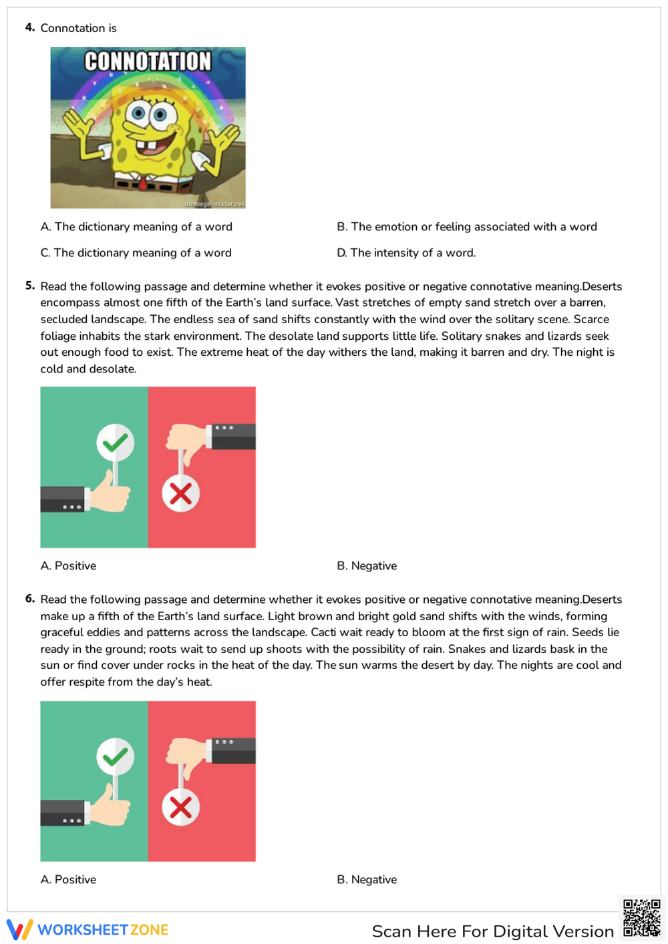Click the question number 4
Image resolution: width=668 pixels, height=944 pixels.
click(x=29, y=27)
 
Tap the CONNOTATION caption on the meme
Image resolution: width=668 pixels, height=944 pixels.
click(x=148, y=61)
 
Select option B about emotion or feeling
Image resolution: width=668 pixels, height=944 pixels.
click(x=466, y=227)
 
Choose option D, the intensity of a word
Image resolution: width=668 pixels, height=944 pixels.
click(x=406, y=253)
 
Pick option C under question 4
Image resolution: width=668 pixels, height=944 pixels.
click(x=136, y=253)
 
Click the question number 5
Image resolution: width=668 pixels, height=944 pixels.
click(x=29, y=286)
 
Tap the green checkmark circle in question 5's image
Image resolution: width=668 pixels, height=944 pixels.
click(x=116, y=443)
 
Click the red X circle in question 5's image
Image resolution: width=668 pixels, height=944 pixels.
click(x=180, y=494)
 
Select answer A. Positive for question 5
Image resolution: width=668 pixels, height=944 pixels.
click(x=68, y=566)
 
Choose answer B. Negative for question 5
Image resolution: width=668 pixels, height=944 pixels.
click(x=367, y=566)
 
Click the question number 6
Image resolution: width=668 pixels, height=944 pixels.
click(x=29, y=599)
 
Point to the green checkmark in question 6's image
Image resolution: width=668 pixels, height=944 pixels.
click(x=116, y=756)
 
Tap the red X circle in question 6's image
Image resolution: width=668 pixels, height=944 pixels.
click(x=180, y=808)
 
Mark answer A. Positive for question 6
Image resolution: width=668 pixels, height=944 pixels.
click(x=68, y=880)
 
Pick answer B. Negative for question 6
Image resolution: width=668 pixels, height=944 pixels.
click(x=367, y=880)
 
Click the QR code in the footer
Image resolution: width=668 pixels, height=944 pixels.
click(x=641, y=918)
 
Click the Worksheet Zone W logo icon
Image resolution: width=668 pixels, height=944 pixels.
click(x=19, y=930)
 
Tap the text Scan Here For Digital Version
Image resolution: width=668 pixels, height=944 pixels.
click(x=492, y=931)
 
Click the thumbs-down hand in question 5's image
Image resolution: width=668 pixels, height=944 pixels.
click(x=185, y=441)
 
